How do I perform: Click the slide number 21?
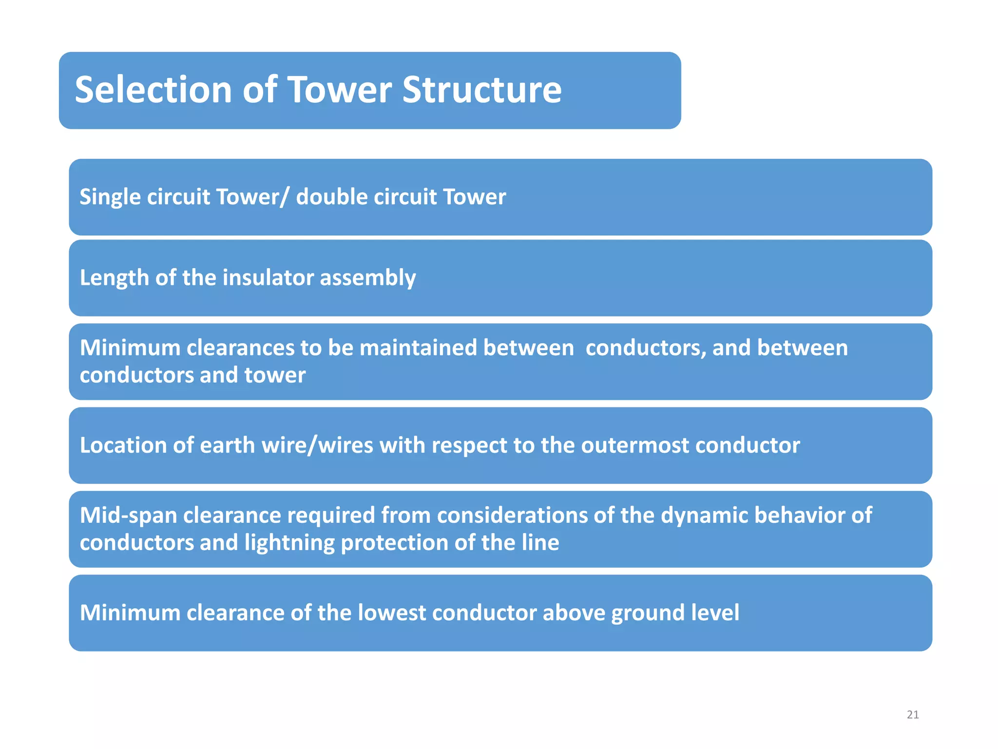913,714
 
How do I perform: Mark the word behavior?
800,515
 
